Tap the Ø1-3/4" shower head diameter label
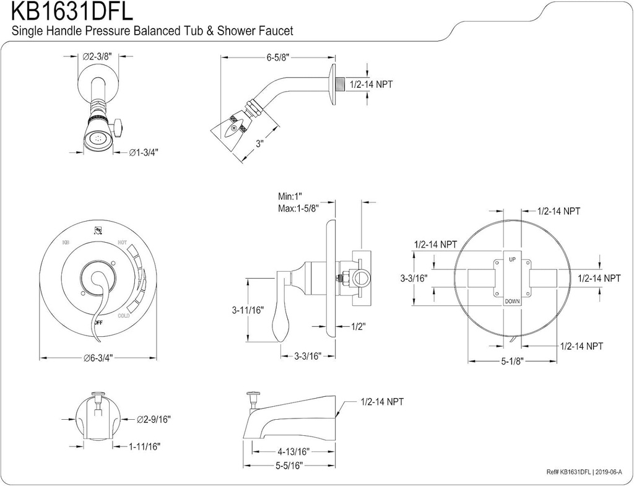pos(144,152)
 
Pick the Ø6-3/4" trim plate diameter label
pos(100,357)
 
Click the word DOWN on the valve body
pos(512,301)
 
